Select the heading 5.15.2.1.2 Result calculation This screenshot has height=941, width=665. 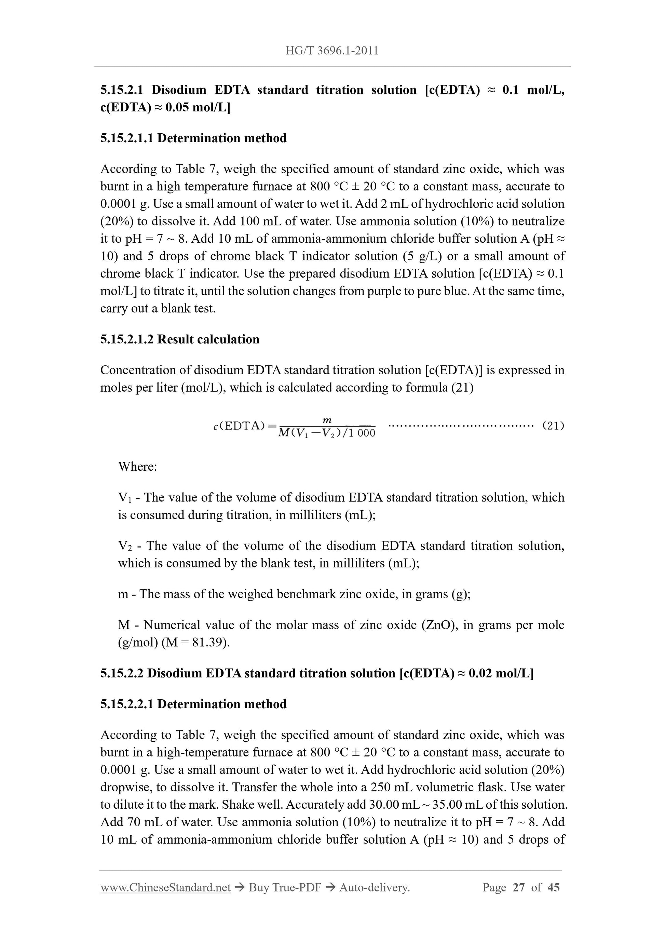click(179, 339)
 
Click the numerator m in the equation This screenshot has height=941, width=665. click(327, 420)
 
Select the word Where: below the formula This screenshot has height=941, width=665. click(137, 467)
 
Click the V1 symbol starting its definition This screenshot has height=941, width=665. click(124, 498)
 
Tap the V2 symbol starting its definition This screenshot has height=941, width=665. click(125, 546)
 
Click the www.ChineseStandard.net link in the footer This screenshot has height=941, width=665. click(165, 887)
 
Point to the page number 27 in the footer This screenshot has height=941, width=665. click(518, 887)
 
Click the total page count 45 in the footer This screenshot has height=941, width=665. click(553, 887)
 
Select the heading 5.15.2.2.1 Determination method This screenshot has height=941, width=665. click(193, 704)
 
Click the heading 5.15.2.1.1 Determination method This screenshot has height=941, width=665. click(193, 138)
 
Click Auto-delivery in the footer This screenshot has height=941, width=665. click(374, 887)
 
